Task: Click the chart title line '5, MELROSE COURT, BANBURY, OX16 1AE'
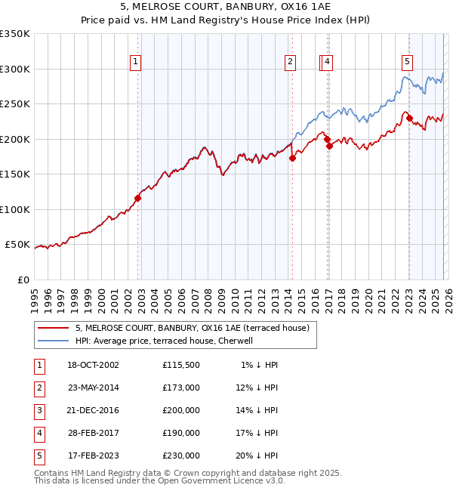click(226, 7)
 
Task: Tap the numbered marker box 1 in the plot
click(135, 63)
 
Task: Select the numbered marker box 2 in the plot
click(290, 63)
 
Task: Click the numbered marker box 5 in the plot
click(407, 63)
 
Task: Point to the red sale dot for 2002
click(138, 199)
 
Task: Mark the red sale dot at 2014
click(292, 158)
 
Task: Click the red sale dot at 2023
click(408, 118)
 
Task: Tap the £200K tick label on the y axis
click(15, 139)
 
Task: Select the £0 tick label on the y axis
click(23, 279)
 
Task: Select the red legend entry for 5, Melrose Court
click(192, 328)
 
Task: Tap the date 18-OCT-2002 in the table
click(93, 365)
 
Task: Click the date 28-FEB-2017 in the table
click(93, 433)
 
